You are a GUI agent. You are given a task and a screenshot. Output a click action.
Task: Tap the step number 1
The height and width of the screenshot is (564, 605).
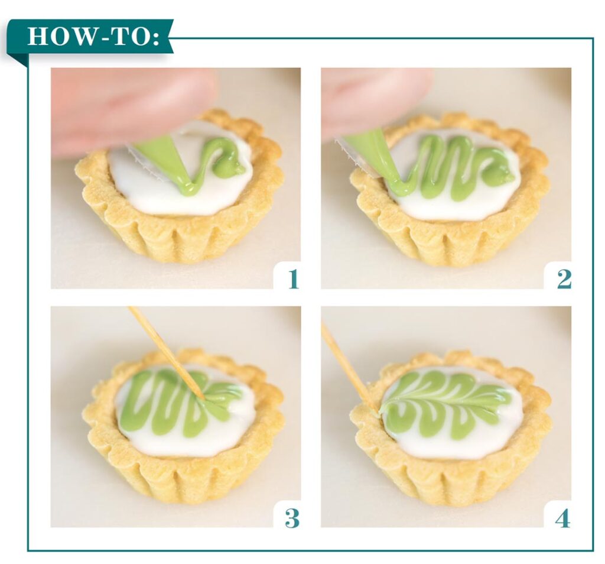click(292, 278)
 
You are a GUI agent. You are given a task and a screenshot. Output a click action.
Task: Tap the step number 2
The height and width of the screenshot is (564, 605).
click(563, 278)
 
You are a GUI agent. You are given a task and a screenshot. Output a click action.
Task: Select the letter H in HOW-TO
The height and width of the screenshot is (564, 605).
click(37, 37)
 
